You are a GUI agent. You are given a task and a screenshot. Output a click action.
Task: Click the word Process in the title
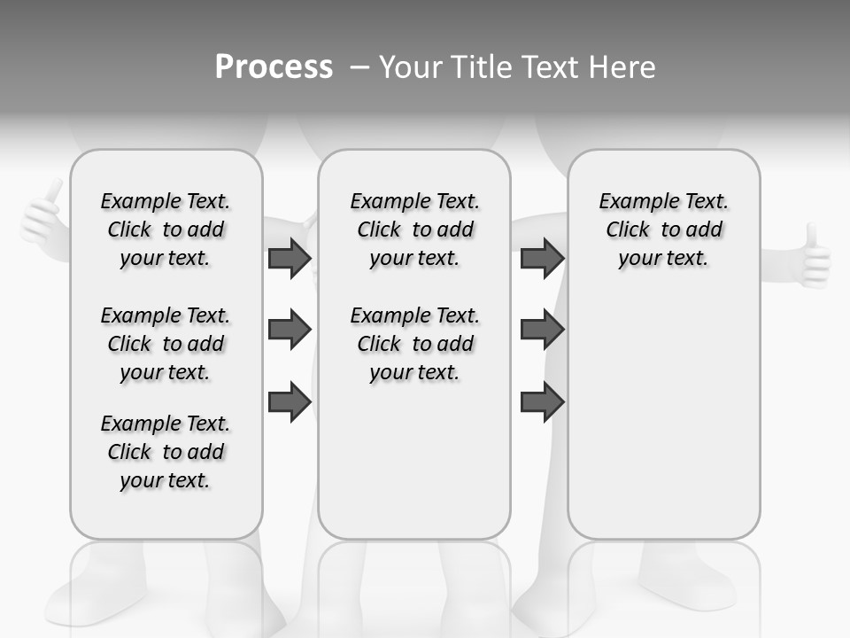pos(274,67)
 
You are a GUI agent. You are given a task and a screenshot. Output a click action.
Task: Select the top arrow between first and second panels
pos(289,259)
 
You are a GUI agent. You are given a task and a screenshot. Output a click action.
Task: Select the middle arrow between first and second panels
pos(289,331)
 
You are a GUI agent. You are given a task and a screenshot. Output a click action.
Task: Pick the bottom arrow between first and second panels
pos(289,402)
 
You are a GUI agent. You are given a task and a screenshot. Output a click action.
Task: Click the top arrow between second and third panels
pos(541,259)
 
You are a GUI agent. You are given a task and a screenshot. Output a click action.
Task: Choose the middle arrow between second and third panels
pos(541,331)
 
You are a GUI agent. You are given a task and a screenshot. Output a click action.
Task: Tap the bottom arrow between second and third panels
pos(541,402)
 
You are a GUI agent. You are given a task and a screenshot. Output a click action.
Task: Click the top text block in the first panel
pos(166,230)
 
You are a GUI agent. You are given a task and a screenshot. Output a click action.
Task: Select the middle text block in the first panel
pos(166,344)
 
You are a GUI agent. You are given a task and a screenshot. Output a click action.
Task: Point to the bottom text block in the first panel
pos(166,452)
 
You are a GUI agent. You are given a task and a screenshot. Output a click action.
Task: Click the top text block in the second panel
pos(415,230)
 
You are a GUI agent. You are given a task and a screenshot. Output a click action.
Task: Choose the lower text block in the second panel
pos(415,344)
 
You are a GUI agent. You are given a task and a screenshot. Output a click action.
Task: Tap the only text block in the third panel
pos(664,230)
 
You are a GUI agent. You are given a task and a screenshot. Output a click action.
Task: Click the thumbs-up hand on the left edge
pos(43,218)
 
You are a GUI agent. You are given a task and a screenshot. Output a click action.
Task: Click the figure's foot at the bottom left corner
pos(80,603)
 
